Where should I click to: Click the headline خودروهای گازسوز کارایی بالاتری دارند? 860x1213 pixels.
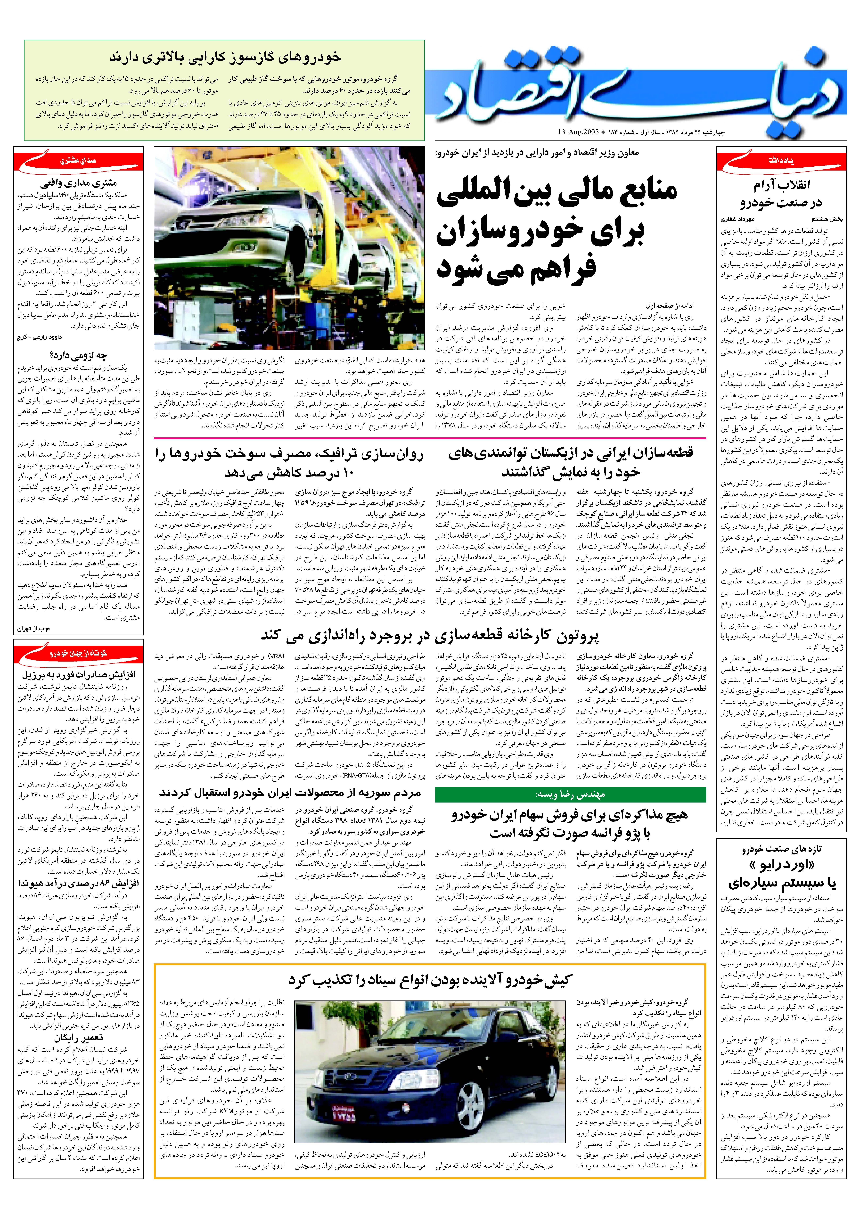[225, 57]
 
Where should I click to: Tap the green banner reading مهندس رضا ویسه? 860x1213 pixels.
[570, 794]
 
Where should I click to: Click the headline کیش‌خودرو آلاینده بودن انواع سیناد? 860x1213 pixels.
[429, 980]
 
